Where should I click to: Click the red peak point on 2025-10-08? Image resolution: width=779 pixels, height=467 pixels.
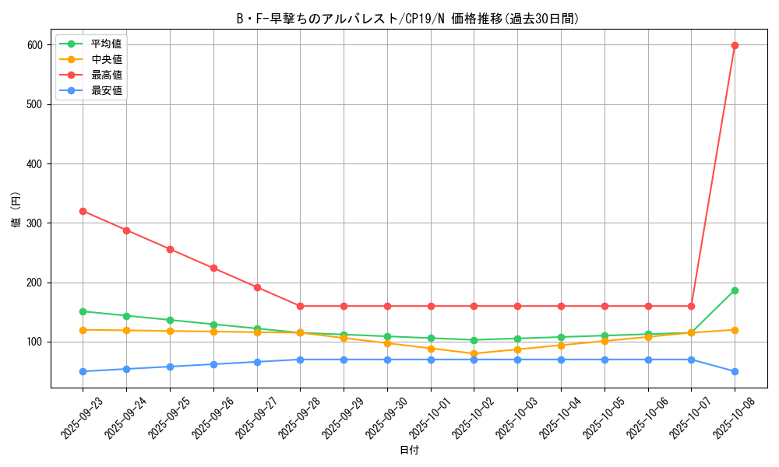pyautogui.click(x=735, y=45)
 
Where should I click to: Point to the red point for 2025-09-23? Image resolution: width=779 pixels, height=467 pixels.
pyautogui.click(x=83, y=211)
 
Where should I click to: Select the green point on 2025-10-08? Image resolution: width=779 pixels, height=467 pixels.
pyautogui.click(x=735, y=290)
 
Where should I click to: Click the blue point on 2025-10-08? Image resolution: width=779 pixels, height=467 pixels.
pyautogui.click(x=735, y=371)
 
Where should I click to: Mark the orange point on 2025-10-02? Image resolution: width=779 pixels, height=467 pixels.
pyautogui.click(x=474, y=353)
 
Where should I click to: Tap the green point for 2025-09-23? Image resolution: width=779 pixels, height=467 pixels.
pyautogui.click(x=83, y=311)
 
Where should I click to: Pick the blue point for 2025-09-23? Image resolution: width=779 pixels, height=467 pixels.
pyautogui.click(x=83, y=371)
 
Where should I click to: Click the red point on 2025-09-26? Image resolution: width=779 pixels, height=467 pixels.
pyautogui.click(x=213, y=268)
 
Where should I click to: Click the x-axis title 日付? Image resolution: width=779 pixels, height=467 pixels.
pyautogui.click(x=409, y=451)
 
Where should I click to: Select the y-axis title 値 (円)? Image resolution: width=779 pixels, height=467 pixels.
pyautogui.click(x=16, y=211)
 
